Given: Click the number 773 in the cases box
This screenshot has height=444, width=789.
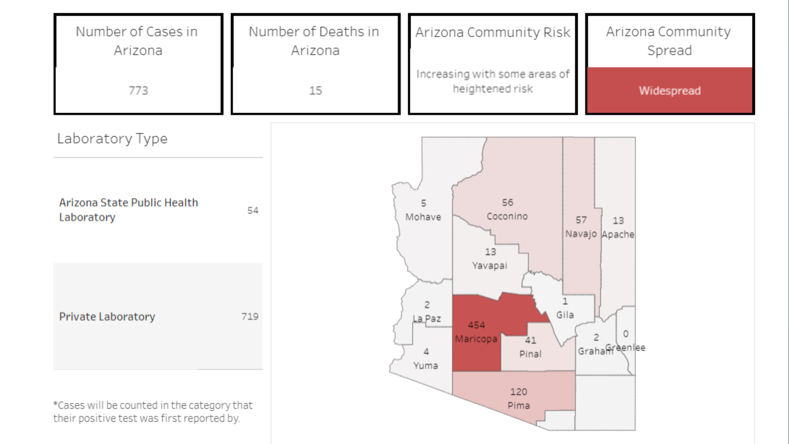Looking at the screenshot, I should click(138, 90).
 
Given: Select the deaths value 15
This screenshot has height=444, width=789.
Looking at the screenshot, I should click(315, 90).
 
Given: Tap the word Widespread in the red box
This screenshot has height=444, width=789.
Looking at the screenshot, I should click(669, 90).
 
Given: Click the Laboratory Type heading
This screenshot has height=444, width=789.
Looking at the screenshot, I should click(112, 139).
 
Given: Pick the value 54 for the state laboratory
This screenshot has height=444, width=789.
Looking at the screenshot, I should click(253, 210).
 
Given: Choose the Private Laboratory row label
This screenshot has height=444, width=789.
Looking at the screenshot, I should click(107, 317).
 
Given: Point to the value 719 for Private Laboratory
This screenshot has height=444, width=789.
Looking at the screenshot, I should click(250, 317).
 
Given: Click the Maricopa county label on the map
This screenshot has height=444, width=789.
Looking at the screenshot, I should click(476, 339).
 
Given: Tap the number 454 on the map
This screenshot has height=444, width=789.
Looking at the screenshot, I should click(476, 325).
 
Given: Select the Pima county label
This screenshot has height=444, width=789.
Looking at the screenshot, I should click(519, 406).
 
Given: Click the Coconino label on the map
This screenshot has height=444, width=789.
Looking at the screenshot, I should click(507, 216).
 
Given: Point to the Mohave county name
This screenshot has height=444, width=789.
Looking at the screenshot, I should click(423, 217).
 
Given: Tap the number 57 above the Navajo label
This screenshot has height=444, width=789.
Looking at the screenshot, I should click(581, 220).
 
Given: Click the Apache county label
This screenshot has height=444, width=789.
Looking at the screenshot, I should click(618, 234).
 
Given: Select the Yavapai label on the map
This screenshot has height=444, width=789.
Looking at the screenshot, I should click(489, 266).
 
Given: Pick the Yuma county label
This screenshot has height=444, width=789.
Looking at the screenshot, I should click(425, 365).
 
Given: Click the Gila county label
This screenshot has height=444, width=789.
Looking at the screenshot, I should click(565, 315).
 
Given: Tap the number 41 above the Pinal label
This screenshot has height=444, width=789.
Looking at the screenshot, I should click(531, 340).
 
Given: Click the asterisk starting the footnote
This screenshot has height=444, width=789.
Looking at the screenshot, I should click(55, 404).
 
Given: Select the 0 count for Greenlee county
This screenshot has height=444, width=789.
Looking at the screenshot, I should click(625, 334).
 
